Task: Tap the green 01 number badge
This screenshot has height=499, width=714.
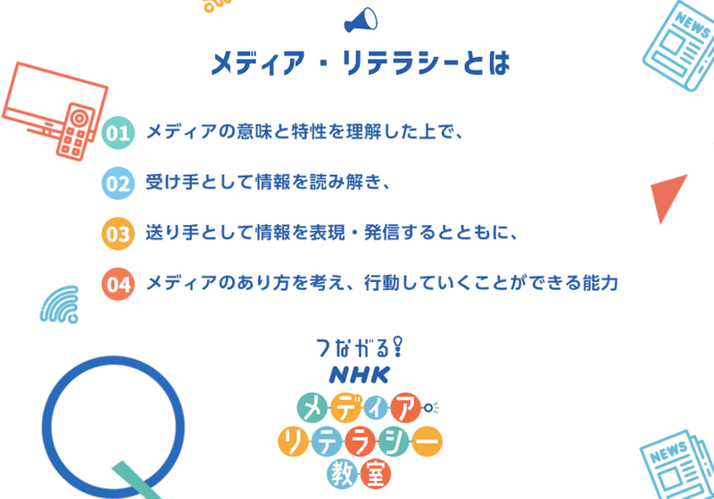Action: click(x=119, y=134)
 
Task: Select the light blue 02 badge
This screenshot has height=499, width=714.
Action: click(x=119, y=184)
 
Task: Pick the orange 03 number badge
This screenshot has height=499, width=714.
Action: click(x=119, y=234)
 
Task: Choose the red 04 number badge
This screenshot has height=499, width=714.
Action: click(x=119, y=284)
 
